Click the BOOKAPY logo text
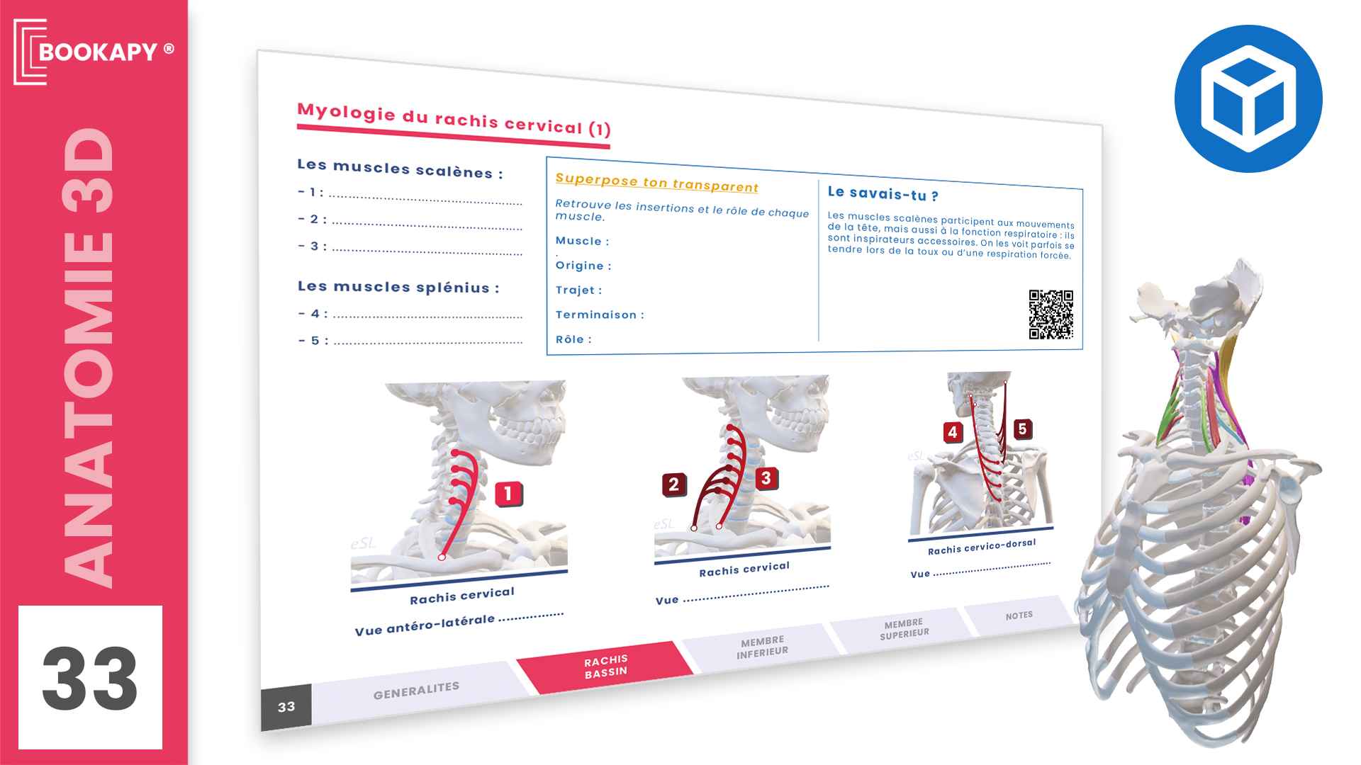tap(98, 52)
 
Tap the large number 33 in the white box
tap(90, 678)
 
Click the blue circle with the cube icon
tap(1248, 98)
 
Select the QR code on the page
tap(1051, 314)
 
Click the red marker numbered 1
tap(508, 493)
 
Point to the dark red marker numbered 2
tap(673, 484)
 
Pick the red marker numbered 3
tap(766, 479)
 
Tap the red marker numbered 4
tap(953, 432)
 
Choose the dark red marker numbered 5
tap(1022, 429)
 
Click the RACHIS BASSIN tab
tap(605, 667)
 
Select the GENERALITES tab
tap(416, 690)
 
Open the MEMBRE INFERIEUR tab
tap(762, 646)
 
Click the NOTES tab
tap(1019, 616)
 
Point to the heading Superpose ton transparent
tap(656, 182)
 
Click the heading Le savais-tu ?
tap(883, 193)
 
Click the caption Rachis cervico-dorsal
tap(982, 547)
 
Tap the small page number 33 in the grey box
tap(286, 707)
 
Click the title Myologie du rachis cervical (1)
tap(454, 120)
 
